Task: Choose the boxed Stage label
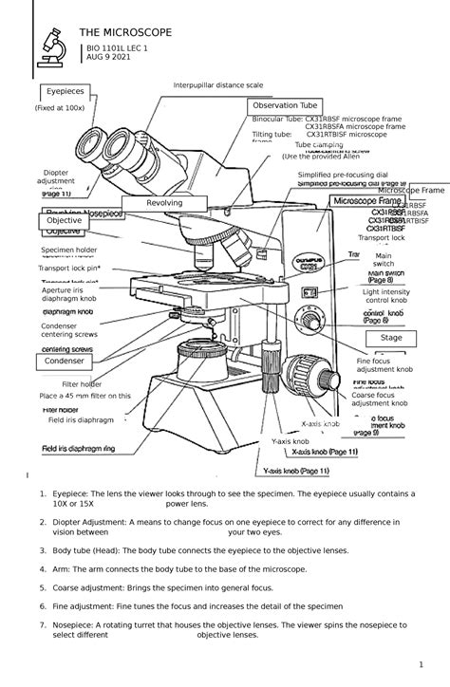coord(391,338)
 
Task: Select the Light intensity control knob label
coord(385,296)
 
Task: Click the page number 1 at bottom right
coord(419,662)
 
